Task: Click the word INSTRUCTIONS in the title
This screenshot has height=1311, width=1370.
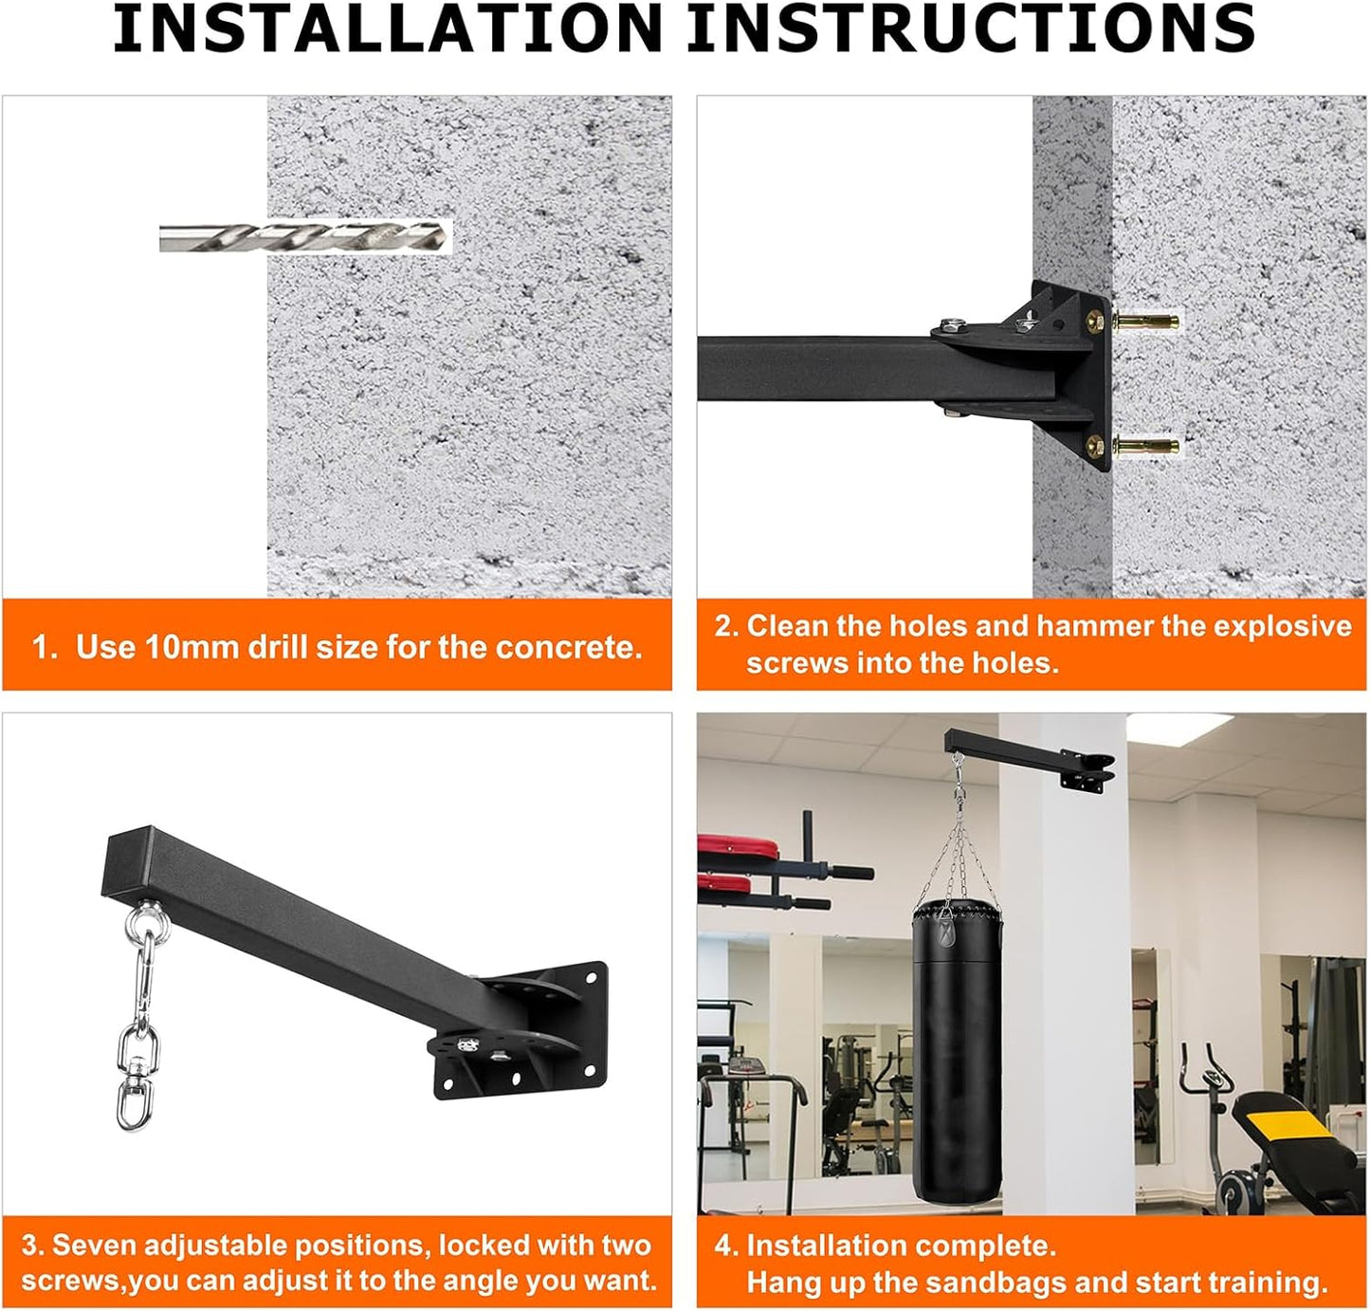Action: [972, 28]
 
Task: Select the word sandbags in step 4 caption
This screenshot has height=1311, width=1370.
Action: [996, 1283]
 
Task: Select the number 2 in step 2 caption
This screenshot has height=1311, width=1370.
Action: [723, 626]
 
